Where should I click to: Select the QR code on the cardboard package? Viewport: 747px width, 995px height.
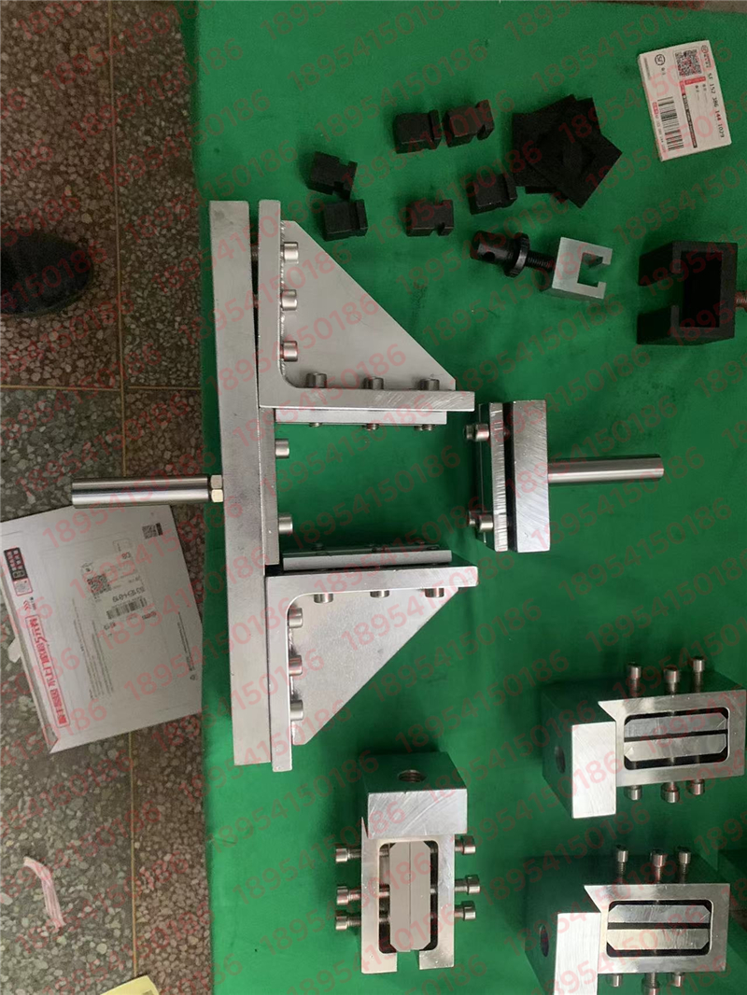click(x=99, y=584)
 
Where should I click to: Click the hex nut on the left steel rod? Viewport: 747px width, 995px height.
click(x=216, y=488)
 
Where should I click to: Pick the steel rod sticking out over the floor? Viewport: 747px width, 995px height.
click(x=140, y=491)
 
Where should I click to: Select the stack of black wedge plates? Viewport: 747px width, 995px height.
click(x=566, y=149)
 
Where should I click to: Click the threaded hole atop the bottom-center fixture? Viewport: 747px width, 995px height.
click(x=410, y=776)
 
